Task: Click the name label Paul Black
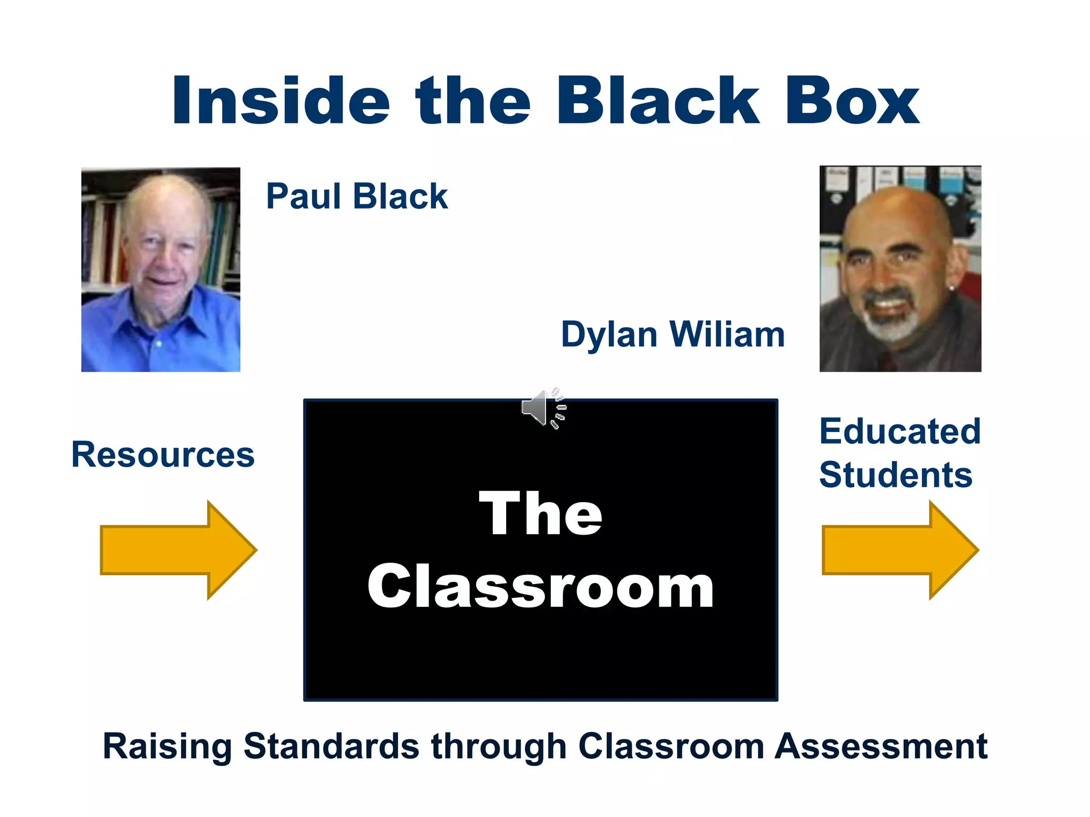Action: (x=357, y=196)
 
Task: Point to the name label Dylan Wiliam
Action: (x=673, y=335)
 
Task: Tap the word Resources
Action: (x=163, y=455)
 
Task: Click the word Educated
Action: (x=899, y=431)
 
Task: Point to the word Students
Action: (x=896, y=474)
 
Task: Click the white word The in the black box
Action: (x=540, y=513)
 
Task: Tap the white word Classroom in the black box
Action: (x=540, y=586)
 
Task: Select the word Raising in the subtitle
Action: (x=167, y=746)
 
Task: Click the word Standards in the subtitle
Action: (x=331, y=746)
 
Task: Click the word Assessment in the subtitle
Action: (x=881, y=746)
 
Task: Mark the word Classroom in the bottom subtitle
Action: (x=671, y=746)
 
